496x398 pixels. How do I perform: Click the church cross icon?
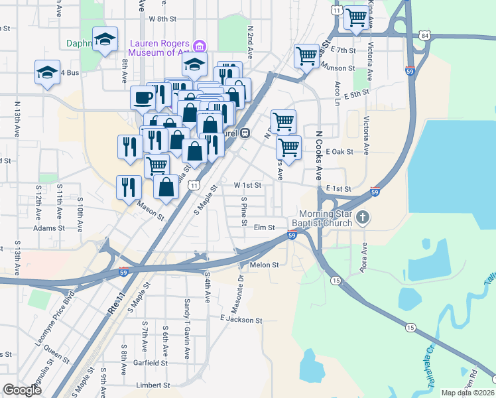pos(363,217)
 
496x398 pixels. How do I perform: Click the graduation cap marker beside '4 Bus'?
pos(47,72)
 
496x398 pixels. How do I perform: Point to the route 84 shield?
pos(424,34)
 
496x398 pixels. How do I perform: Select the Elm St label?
pos(264,228)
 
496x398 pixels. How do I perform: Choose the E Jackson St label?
pos(241,320)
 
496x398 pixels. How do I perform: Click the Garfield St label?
pos(151,363)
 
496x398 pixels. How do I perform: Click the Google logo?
pos(23,390)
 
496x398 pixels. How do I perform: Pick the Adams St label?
pos(49,228)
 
